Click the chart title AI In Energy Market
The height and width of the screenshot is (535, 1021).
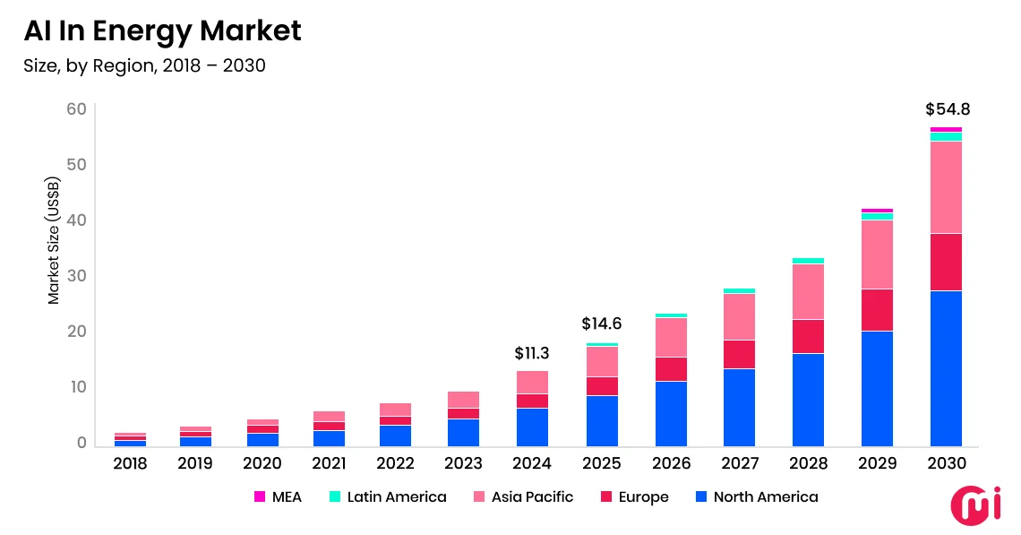coord(162,31)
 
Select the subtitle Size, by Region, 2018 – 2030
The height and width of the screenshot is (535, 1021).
coord(144,66)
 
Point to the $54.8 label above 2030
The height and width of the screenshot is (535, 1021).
coord(947,110)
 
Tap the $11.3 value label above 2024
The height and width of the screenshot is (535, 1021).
coord(531,354)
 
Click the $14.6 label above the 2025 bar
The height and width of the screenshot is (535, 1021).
coord(601,324)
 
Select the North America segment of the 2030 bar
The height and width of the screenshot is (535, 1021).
coord(946,367)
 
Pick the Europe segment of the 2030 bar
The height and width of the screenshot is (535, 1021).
coord(946,262)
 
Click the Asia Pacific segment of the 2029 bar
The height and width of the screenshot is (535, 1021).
coord(877,255)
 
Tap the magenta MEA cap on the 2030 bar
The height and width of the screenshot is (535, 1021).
coord(946,130)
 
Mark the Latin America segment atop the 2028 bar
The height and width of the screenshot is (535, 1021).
coord(808,261)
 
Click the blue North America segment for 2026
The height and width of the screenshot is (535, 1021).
coord(671,413)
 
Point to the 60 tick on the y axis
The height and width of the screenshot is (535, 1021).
coord(76,109)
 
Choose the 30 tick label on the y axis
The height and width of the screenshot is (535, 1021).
coord(76,276)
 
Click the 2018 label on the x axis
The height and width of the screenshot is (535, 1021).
coord(130,463)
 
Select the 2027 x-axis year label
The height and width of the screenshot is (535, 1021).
coord(739,463)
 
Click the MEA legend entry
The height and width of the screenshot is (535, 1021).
coord(279,496)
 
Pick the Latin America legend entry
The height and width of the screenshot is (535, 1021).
coord(387,496)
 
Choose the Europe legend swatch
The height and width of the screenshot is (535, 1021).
coord(605,496)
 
